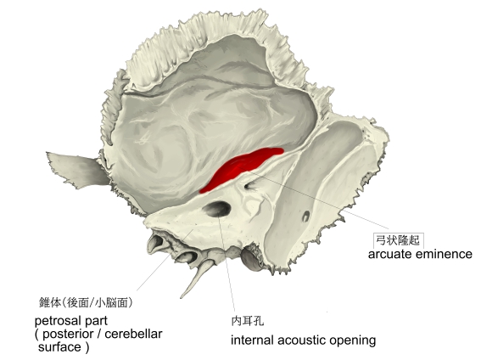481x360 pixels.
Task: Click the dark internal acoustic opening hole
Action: (x=216, y=209)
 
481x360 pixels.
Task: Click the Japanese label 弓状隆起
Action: (x=398, y=240)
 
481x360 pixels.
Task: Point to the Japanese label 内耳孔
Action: (x=248, y=321)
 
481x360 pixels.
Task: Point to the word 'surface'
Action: (x=59, y=347)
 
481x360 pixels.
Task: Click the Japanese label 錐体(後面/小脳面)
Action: (x=86, y=302)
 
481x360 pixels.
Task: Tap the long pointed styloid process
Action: (x=196, y=278)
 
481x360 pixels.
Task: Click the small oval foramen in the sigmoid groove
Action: (x=305, y=216)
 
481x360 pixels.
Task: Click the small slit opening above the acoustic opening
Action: (x=250, y=185)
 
